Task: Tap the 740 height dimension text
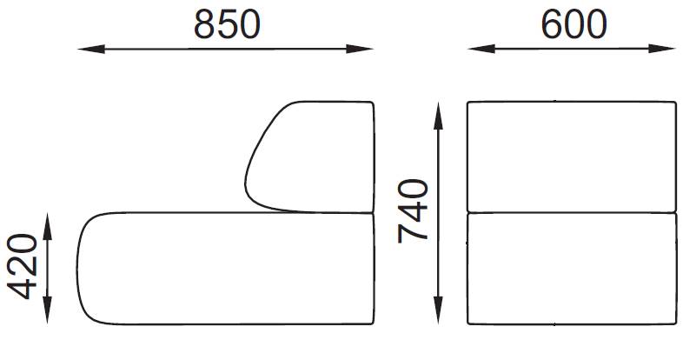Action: [x=412, y=210]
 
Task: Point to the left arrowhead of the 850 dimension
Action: [x=85, y=49]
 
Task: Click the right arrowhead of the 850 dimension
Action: [x=367, y=49]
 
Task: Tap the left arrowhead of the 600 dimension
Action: [x=475, y=49]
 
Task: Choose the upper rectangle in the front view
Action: [x=571, y=157]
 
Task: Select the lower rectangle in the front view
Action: [x=571, y=268]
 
